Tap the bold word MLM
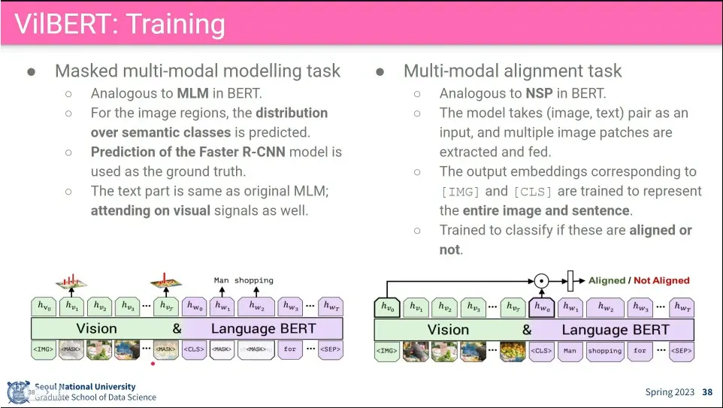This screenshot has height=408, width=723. [x=193, y=94]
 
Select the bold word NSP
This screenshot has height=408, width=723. [x=540, y=94]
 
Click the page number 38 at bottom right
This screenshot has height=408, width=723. [x=707, y=392]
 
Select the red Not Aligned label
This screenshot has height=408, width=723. [x=661, y=280]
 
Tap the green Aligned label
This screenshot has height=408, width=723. [x=607, y=280]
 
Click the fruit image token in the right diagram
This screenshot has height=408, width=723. [x=513, y=350]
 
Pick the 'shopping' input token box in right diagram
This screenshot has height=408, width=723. [x=605, y=350]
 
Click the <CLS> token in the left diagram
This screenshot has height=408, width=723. [x=193, y=349]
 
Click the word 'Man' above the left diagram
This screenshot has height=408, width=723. [x=221, y=280]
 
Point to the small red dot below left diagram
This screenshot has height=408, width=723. [x=153, y=364]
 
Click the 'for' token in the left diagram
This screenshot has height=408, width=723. [x=290, y=349]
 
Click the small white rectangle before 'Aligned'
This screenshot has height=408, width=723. [x=570, y=281]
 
